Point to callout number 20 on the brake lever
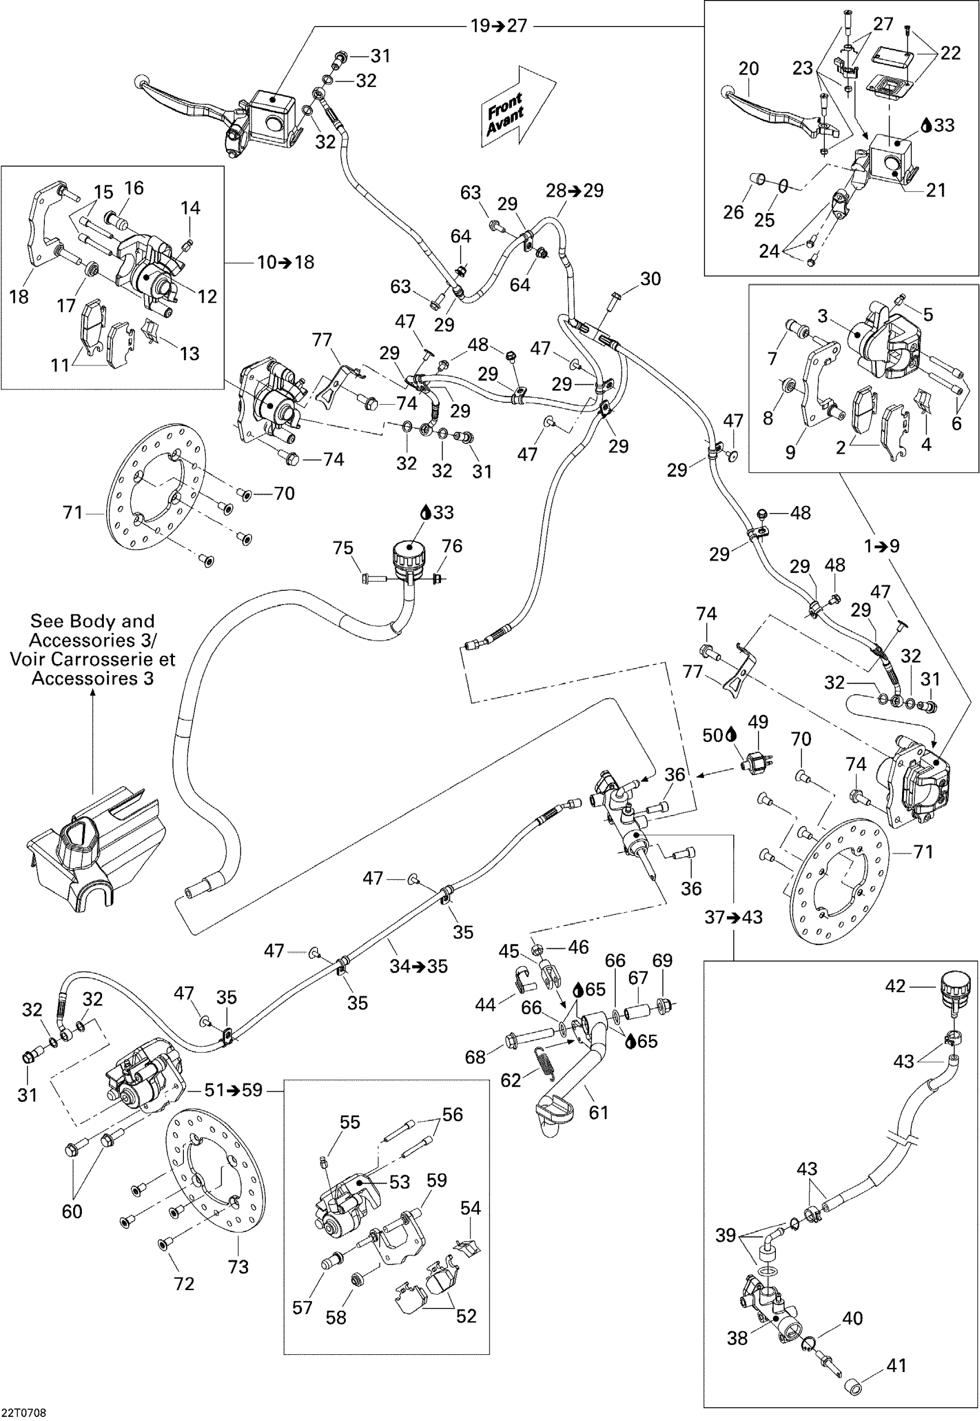[x=748, y=68]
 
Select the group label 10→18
[x=285, y=262]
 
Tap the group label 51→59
[x=233, y=1090]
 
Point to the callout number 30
[x=650, y=279]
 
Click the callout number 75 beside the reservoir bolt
[x=343, y=546]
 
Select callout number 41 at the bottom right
[x=896, y=1365]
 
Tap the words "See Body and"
[x=92, y=621]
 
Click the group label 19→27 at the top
[x=499, y=26]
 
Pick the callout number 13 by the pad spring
[x=189, y=353]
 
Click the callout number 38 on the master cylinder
[x=737, y=1337]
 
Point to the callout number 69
[x=662, y=960]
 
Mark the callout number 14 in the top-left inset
[x=190, y=208]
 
